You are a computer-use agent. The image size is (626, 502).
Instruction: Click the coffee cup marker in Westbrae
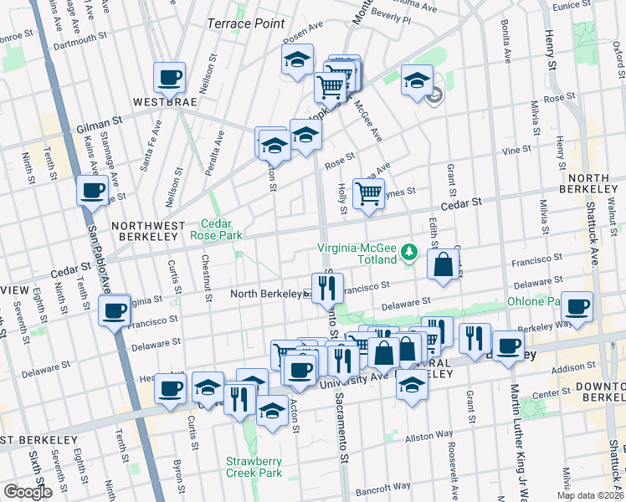(x=169, y=78)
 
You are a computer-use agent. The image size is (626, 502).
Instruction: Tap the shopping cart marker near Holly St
(x=368, y=193)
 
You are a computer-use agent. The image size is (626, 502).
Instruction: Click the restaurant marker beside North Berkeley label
(x=327, y=288)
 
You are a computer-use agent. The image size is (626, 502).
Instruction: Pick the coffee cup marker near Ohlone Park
(x=577, y=306)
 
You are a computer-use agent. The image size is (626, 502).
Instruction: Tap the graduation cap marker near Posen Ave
(x=295, y=60)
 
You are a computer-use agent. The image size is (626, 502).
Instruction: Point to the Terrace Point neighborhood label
(x=246, y=23)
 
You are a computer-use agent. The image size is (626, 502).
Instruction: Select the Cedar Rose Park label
(x=221, y=229)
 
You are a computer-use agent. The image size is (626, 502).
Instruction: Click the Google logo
(x=27, y=491)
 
